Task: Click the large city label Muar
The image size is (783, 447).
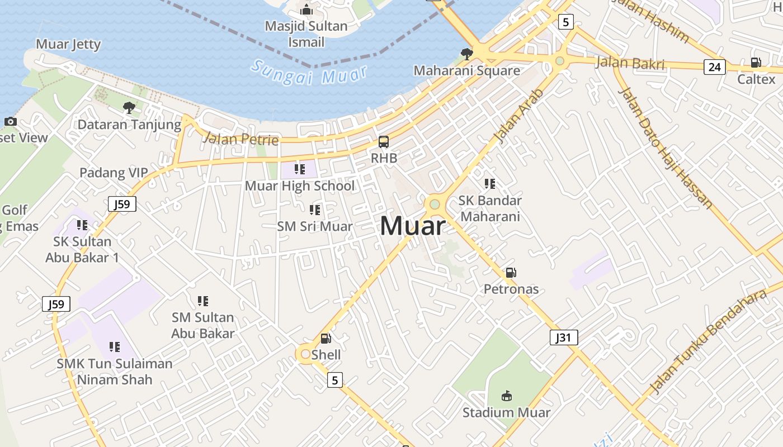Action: (x=413, y=226)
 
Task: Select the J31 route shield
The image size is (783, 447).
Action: (x=563, y=337)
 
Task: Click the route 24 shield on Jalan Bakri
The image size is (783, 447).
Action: (x=714, y=68)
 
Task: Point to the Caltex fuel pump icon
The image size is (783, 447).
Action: (x=756, y=63)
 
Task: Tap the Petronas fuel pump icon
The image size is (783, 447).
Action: (x=511, y=273)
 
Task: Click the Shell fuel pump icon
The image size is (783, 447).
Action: (x=326, y=338)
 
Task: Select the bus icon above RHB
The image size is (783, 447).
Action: (x=384, y=142)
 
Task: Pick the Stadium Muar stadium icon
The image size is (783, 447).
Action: (x=506, y=396)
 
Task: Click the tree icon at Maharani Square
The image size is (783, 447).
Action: (x=466, y=54)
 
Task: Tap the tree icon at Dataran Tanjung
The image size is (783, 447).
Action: (x=129, y=107)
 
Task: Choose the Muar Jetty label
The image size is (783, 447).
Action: (x=68, y=44)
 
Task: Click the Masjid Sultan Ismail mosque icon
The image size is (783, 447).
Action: (x=306, y=9)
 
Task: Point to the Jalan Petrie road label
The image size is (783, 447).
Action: (x=240, y=138)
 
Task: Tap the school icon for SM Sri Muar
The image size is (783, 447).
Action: (x=315, y=210)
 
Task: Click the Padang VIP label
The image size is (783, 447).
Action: (x=114, y=173)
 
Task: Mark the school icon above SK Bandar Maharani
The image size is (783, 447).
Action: (x=490, y=184)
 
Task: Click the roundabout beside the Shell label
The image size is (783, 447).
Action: (x=305, y=354)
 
